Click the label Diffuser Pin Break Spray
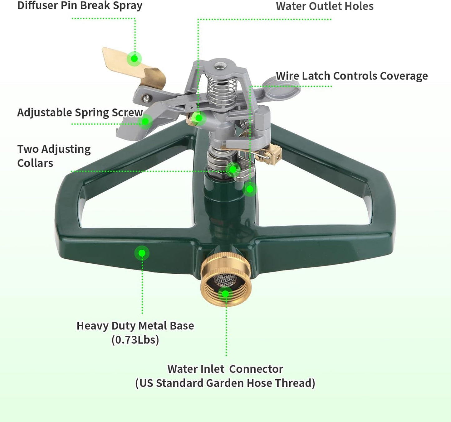point(80,6)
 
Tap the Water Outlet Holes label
point(325,6)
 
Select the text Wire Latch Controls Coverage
point(352,76)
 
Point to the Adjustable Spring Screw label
point(80,113)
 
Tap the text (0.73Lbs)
point(135,340)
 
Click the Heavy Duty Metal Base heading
point(135,326)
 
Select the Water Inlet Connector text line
point(225,369)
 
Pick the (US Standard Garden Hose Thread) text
point(225,383)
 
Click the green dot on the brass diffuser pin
point(134,59)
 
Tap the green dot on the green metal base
point(142,253)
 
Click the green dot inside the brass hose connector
point(225,293)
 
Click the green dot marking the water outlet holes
point(199,118)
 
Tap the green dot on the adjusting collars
point(233,170)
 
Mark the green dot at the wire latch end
point(250,189)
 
